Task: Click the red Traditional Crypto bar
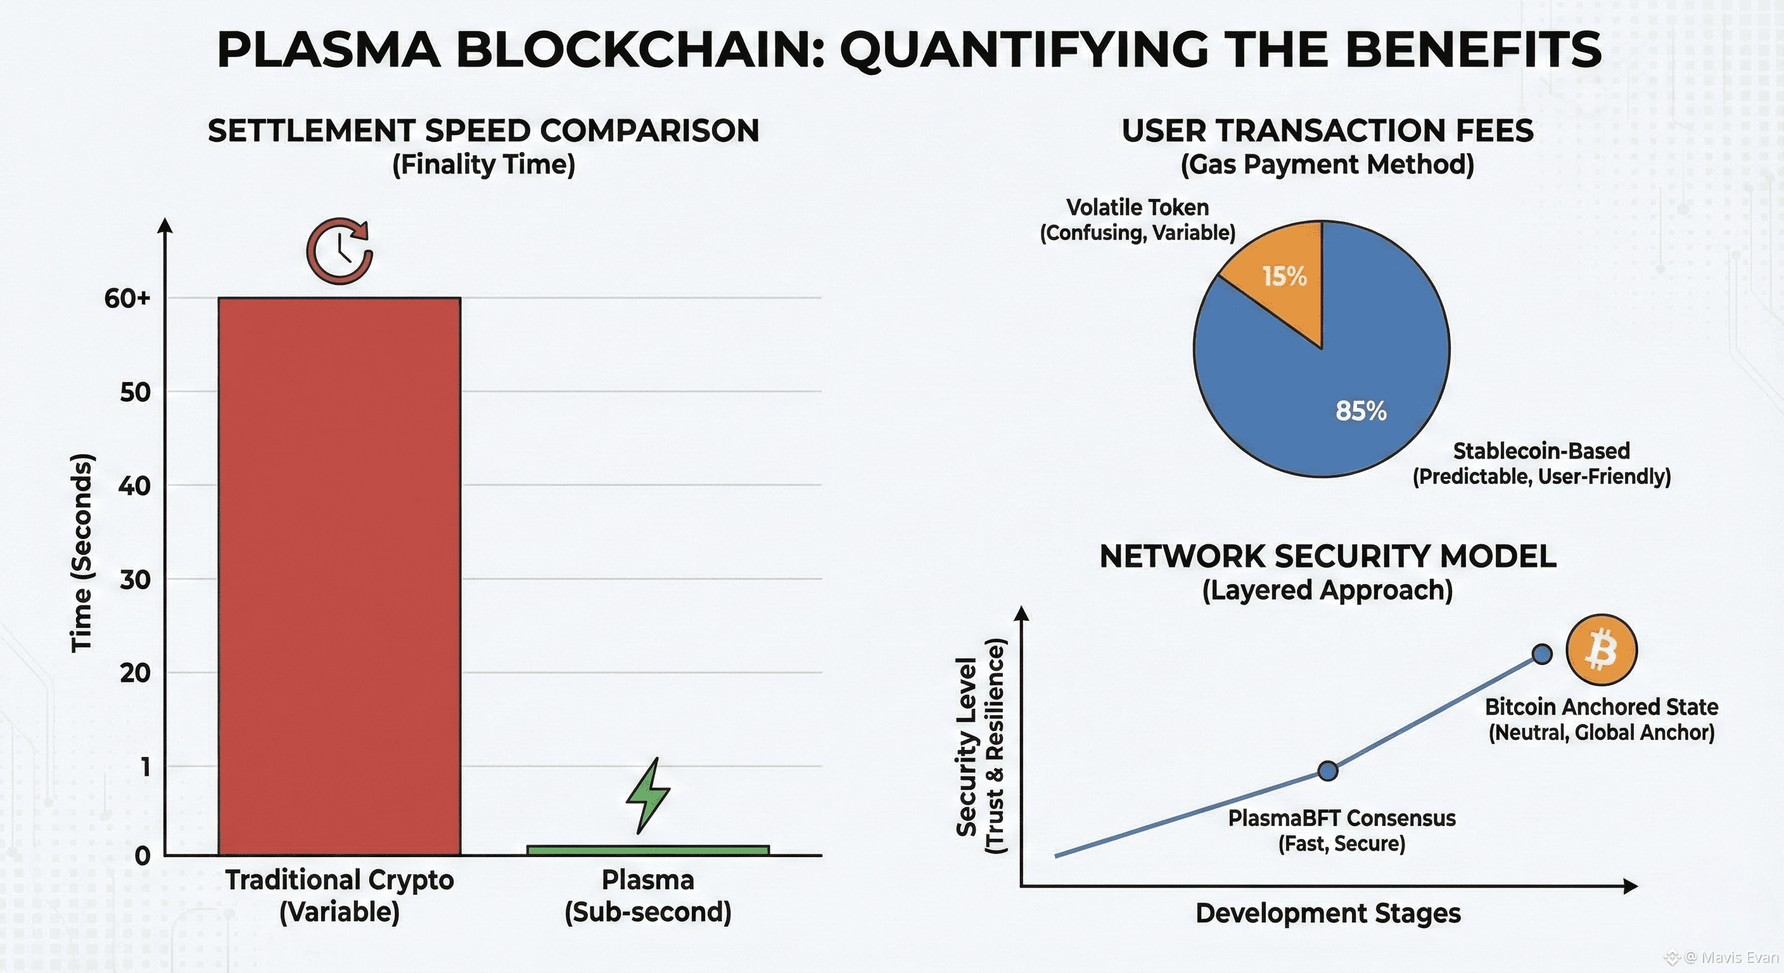point(340,575)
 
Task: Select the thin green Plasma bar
point(647,849)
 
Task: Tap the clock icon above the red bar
point(340,251)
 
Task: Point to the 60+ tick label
point(127,298)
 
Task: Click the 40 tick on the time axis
point(134,485)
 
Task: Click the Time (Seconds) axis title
point(81,552)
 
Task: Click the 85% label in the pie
point(1361,410)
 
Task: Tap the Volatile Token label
point(1137,207)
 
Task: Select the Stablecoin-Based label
point(1541,451)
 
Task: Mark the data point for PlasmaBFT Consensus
point(1328,770)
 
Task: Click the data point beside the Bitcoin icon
point(1542,654)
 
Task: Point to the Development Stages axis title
point(1328,913)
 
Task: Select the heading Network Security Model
point(1328,556)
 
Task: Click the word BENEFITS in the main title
point(1473,50)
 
